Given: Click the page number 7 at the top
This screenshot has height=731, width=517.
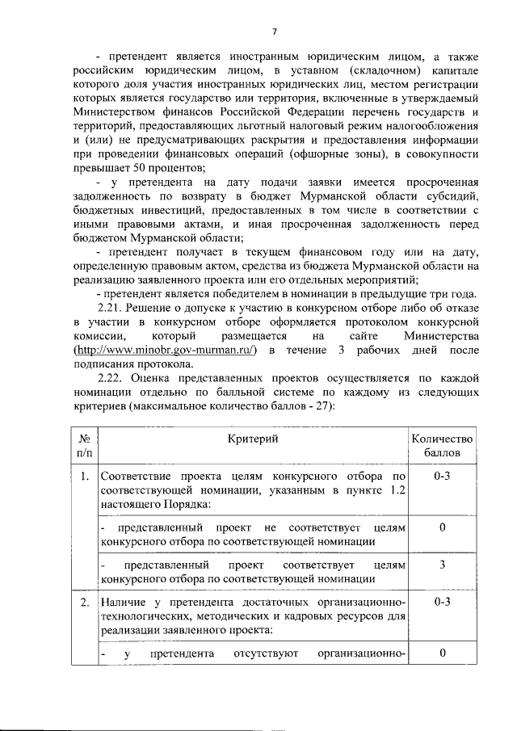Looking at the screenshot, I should click(x=274, y=32).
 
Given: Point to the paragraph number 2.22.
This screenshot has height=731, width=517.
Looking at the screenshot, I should click(x=109, y=377).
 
